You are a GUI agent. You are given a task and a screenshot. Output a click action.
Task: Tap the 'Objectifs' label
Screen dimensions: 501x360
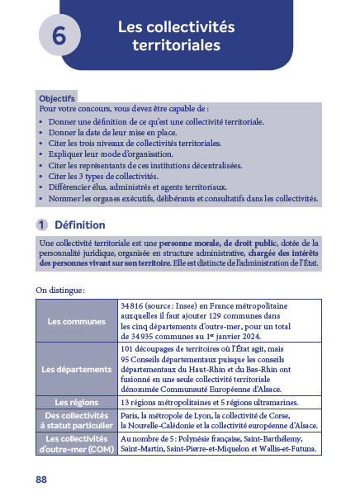point(57,97)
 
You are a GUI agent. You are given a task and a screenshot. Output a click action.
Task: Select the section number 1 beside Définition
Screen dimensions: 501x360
point(40,225)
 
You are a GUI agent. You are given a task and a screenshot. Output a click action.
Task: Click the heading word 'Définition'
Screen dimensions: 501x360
point(79,225)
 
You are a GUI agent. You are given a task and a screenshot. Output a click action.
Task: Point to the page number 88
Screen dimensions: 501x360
point(41,480)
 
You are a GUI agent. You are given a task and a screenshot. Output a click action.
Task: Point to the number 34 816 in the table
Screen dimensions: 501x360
point(134,305)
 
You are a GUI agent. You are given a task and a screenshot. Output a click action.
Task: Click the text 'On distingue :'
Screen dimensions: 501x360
point(61,290)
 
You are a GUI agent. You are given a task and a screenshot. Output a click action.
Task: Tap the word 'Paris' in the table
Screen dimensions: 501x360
point(130,415)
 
